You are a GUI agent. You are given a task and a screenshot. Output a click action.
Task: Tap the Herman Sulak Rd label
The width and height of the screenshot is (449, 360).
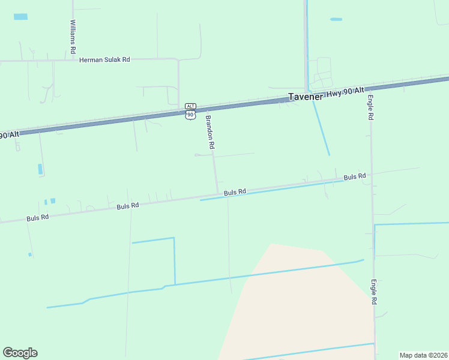tap(104, 60)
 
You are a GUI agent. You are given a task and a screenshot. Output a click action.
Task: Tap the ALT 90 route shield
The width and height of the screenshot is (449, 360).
tap(190, 111)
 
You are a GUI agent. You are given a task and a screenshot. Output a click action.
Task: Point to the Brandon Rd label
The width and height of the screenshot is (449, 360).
tap(210, 131)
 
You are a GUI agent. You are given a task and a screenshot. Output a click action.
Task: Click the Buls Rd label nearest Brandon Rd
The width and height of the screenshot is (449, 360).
tap(235, 192)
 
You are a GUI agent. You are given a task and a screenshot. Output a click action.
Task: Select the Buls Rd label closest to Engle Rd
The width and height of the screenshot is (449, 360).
tap(355, 177)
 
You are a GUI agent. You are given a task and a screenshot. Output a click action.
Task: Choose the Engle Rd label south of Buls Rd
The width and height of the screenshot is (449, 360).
tap(373, 292)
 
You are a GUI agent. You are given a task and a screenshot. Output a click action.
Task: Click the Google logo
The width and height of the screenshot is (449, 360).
tap(20, 352)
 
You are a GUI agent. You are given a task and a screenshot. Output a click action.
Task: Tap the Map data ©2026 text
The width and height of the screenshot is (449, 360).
tap(423, 355)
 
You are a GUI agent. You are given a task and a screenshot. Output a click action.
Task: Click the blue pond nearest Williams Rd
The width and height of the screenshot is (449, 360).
tap(21, 17)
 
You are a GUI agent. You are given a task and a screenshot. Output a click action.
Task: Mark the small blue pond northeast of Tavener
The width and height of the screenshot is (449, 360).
tap(336, 19)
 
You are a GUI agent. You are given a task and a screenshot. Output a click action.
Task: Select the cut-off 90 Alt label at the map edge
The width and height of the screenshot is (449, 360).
tap(10, 135)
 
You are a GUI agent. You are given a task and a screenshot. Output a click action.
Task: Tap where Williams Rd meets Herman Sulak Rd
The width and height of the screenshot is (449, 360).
tap(73, 60)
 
